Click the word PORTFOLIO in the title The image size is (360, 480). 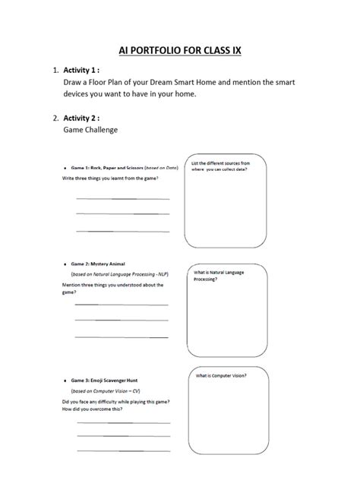click(163, 52)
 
